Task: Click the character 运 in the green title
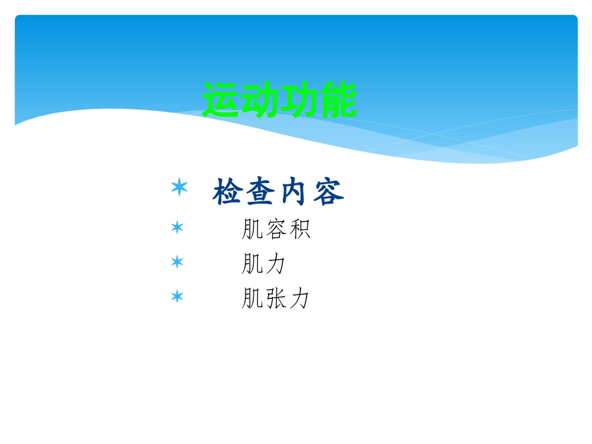(222, 100)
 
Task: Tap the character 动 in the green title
(260, 100)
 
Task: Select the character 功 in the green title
(299, 100)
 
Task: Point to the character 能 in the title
(338, 100)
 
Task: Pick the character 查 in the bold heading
(261, 193)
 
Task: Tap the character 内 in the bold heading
(295, 193)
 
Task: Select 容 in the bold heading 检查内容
(328, 193)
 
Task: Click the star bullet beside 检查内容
(179, 187)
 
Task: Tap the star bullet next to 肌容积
(178, 228)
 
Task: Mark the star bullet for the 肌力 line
(178, 262)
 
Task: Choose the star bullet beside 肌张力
(178, 296)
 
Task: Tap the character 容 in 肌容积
(275, 230)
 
